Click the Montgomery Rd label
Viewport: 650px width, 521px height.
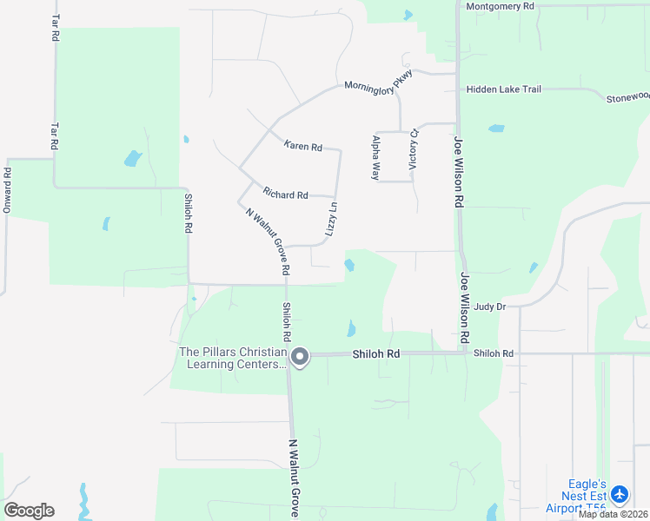[500, 6]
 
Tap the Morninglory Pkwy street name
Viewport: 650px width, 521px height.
[378, 84]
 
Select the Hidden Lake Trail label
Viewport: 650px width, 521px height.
[503, 89]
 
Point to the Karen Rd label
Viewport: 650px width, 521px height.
[302, 147]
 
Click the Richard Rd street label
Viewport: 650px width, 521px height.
[286, 195]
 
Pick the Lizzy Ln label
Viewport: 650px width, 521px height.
[333, 218]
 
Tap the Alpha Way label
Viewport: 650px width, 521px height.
[376, 157]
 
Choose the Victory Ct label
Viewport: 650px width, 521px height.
[414, 148]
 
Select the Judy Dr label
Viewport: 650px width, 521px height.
[490, 307]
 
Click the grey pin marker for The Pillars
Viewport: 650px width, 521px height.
[301, 357]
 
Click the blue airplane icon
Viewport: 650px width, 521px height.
[620, 495]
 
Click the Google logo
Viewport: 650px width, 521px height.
[29, 510]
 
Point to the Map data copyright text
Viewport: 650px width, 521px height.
[614, 514]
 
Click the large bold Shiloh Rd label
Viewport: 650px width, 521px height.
[375, 354]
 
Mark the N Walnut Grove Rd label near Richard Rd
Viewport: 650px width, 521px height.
[265, 242]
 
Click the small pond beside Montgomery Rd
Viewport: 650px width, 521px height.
[408, 14]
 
